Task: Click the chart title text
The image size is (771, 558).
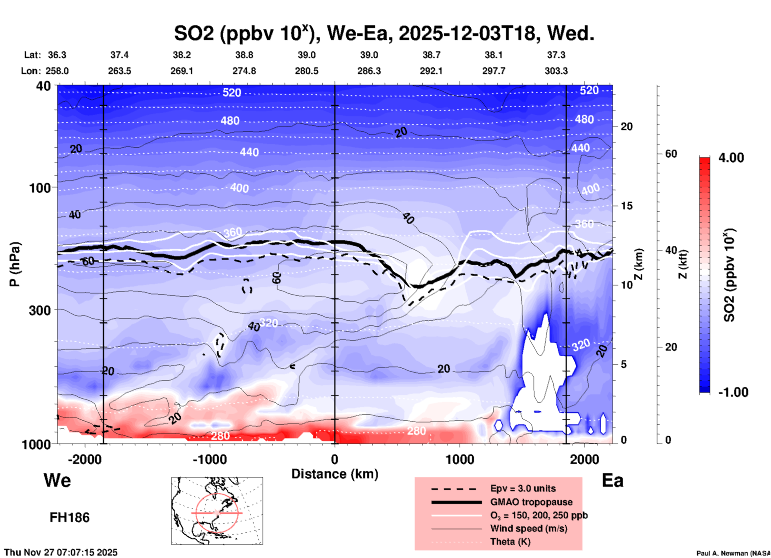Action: point(384,33)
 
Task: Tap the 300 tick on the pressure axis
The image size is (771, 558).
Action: point(40,310)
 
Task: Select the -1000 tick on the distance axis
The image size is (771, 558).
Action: point(209,459)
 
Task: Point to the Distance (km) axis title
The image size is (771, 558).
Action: point(335,474)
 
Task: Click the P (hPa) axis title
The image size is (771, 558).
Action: point(15,264)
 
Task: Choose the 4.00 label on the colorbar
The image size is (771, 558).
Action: point(731,157)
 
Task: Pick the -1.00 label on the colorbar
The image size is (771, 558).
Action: point(733,392)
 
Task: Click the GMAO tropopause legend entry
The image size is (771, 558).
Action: point(531,502)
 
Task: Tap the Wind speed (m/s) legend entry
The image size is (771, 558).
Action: point(528,528)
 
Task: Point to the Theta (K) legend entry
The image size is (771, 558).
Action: point(510,542)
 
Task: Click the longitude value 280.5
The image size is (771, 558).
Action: point(307,71)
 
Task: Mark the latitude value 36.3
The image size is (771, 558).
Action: point(57,55)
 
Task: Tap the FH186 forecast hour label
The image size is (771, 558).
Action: point(70,518)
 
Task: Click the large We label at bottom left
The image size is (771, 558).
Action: point(57,480)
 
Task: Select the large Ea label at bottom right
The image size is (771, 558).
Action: point(612,480)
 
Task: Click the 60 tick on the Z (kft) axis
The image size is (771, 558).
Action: point(671,154)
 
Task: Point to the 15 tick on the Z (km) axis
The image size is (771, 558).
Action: point(626,206)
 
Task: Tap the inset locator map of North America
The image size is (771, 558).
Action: point(217,510)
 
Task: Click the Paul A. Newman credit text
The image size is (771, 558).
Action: point(733,553)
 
